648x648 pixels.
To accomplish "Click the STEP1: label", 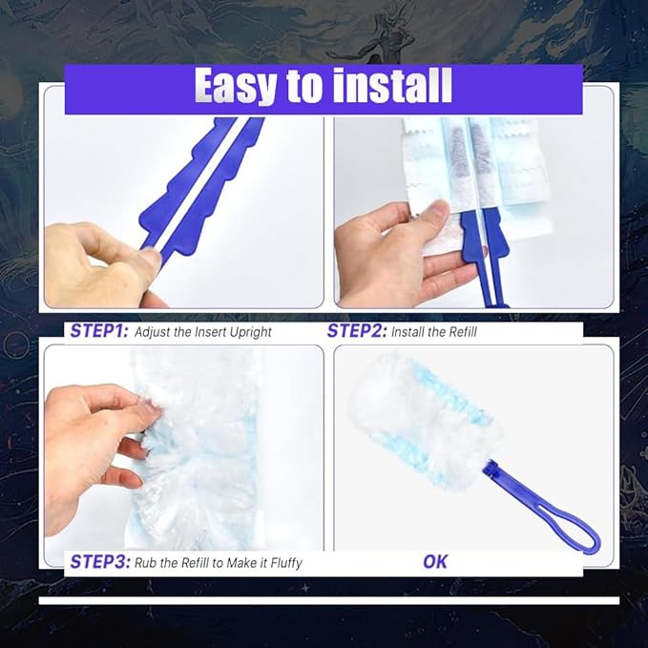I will [99, 332].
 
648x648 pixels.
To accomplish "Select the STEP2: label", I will [357, 332].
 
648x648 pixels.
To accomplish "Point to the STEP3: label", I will [99, 562].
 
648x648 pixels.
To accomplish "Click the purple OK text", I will [435, 562].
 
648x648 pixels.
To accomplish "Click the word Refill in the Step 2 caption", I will [458, 333].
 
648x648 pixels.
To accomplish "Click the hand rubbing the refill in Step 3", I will [91, 429].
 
